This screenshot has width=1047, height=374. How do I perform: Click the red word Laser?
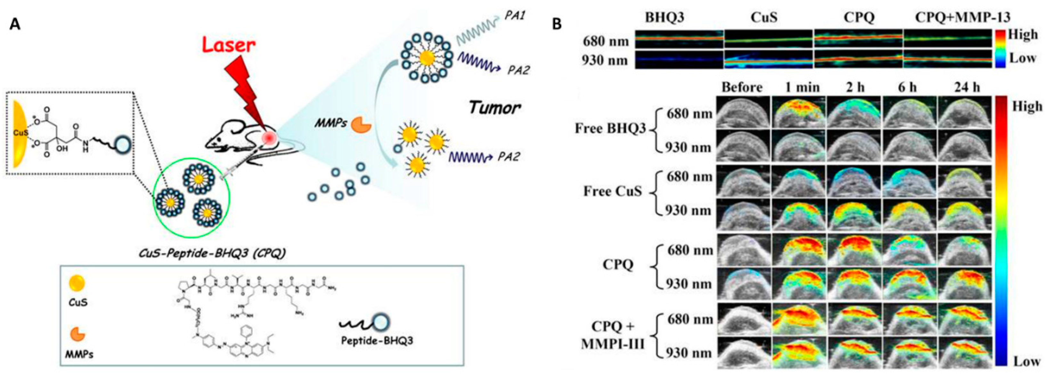(229, 45)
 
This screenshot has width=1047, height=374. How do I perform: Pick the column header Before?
(742, 87)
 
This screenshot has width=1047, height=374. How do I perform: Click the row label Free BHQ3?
(610, 129)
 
